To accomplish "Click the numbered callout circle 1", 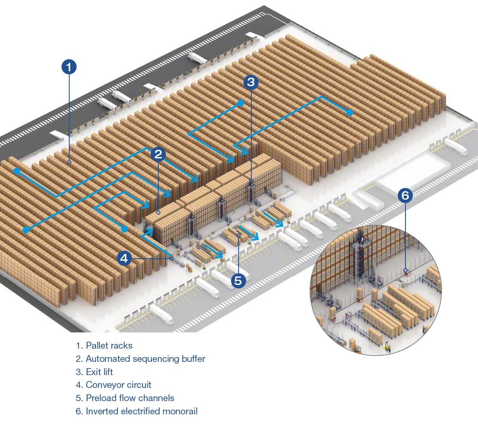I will click(69, 67).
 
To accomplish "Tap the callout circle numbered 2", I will click(158, 154).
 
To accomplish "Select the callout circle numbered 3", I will click(251, 82).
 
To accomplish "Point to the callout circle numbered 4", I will click(124, 258).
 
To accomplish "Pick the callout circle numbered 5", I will click(238, 280).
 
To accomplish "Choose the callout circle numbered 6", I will click(405, 196).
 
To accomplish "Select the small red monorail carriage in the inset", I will click(406, 271).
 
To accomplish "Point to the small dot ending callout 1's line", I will click(69, 162).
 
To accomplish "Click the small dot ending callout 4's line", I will click(172, 258).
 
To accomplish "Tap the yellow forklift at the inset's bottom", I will click(388, 348).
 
